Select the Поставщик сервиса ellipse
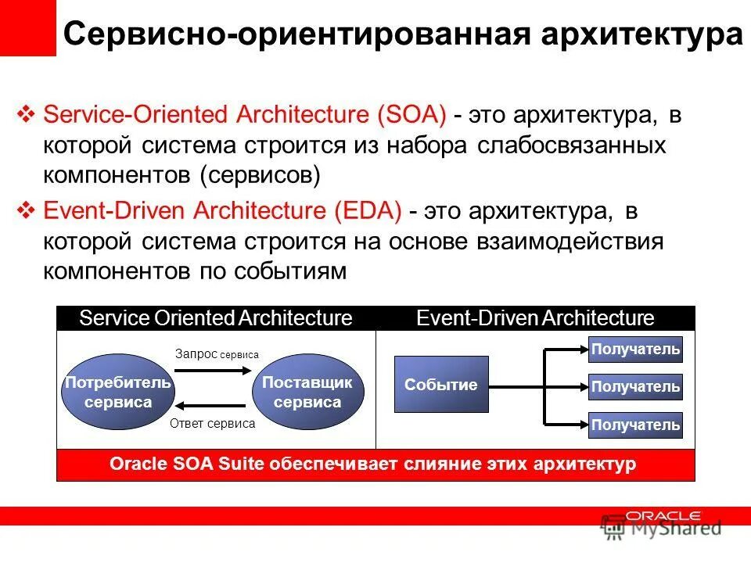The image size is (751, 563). coord(307,393)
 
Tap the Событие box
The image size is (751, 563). coord(441,385)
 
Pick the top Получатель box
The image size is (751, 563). coord(635,349)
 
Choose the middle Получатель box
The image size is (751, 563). coord(635,386)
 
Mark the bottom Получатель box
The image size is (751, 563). coord(635,425)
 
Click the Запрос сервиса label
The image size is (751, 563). coord(217,354)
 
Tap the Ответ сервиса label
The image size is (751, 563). coord(212,423)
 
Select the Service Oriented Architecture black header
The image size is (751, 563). coord(216,318)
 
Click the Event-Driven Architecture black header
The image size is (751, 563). coord(535,318)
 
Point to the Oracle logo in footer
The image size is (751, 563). coord(663,517)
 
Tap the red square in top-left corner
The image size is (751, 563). coord(27,27)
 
